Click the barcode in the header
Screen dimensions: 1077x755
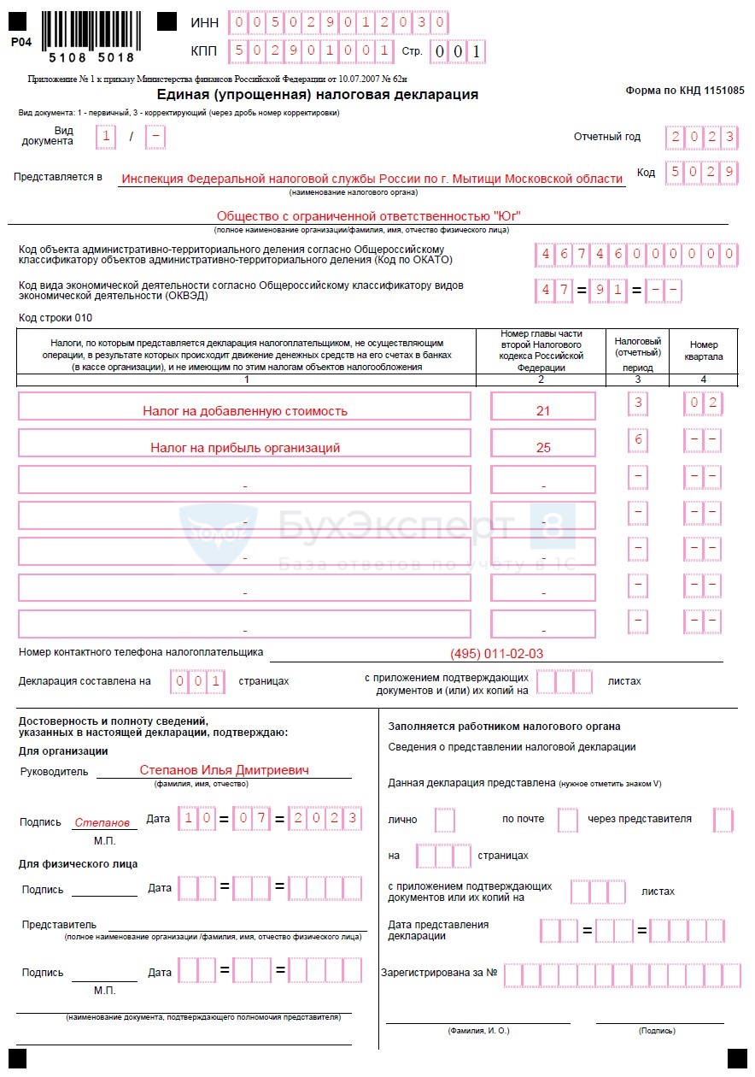tap(88, 31)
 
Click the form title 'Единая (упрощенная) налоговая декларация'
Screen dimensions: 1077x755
tap(318, 94)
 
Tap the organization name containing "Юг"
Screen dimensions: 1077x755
tap(368, 215)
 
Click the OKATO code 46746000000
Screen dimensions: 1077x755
tap(635, 255)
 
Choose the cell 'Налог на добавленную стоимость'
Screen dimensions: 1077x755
tap(244, 410)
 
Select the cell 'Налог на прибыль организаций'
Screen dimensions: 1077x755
tap(244, 447)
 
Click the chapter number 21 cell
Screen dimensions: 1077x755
tap(542, 410)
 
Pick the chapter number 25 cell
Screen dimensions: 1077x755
tap(542, 447)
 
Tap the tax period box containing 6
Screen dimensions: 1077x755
tap(637, 440)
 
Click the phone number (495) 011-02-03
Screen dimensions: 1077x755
tap(496, 654)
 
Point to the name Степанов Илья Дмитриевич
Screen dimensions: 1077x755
tap(224, 770)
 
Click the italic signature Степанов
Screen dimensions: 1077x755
tap(102, 822)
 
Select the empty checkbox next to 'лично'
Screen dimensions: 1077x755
tap(444, 820)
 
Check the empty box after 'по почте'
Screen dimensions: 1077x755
tap(567, 820)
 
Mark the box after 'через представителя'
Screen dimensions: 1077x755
tap(723, 820)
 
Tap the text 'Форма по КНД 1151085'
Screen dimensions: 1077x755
tap(684, 90)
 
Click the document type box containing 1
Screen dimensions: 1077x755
tap(106, 137)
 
